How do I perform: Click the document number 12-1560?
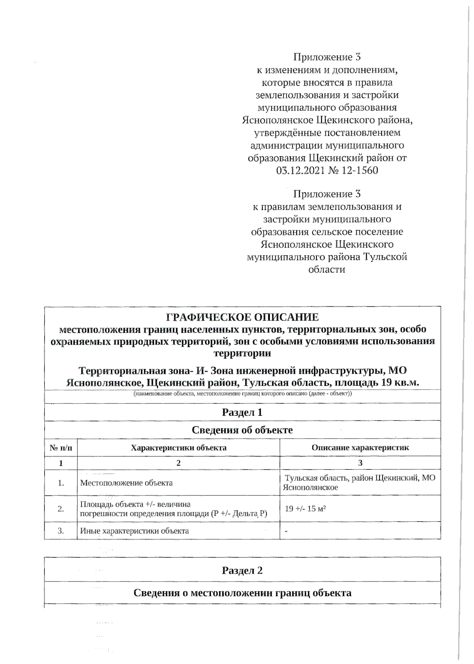coord(357,171)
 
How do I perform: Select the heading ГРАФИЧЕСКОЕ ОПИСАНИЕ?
coord(242,317)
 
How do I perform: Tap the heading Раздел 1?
coord(242,413)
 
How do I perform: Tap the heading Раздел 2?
coord(242,570)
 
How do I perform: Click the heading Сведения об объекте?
coord(242,430)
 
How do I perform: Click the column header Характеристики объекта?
coord(179,448)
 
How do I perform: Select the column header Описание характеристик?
coord(360,448)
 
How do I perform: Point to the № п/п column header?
coord(61,448)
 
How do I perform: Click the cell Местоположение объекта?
coord(126,483)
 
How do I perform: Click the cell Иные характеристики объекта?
coord(134,531)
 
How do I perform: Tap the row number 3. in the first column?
coord(61,531)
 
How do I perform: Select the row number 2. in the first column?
coord(61,509)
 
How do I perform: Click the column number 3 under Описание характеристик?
coord(360,463)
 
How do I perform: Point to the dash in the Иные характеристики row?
coord(286,531)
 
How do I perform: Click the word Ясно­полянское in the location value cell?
coord(310,488)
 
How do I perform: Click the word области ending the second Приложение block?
coord(326,270)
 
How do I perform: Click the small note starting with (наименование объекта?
coord(242,394)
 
